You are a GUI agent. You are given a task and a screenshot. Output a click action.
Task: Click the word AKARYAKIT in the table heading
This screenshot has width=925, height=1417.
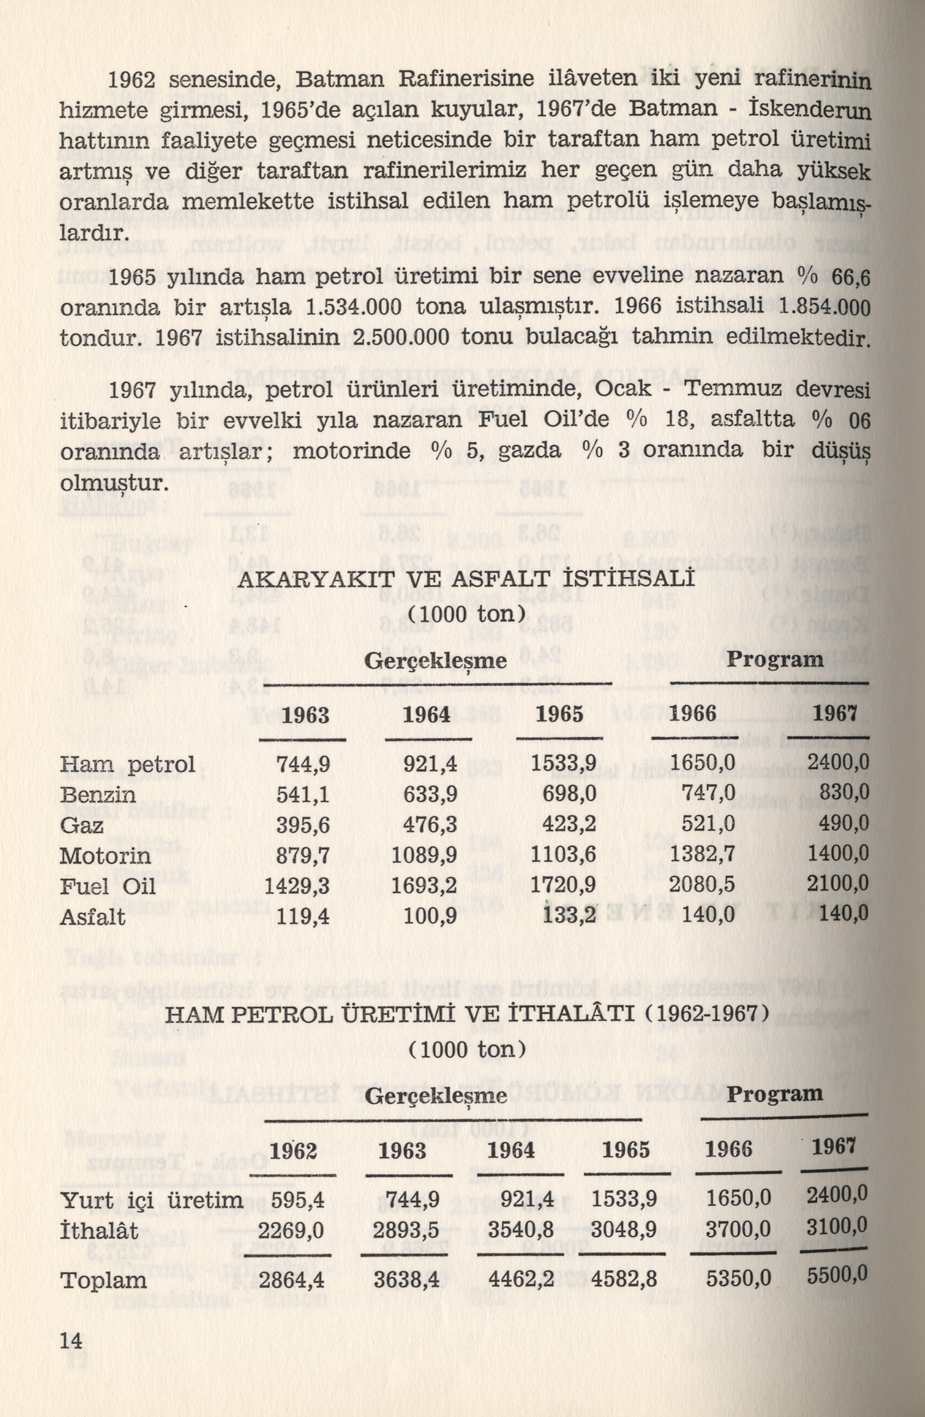[302, 581]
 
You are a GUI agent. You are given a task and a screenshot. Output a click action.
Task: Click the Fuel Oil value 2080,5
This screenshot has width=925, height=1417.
[702, 885]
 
